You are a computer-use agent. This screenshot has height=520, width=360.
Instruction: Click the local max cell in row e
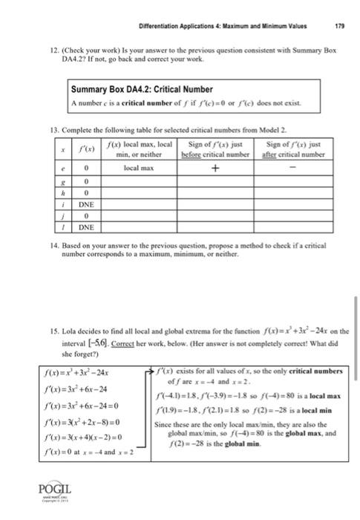pos(137,169)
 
